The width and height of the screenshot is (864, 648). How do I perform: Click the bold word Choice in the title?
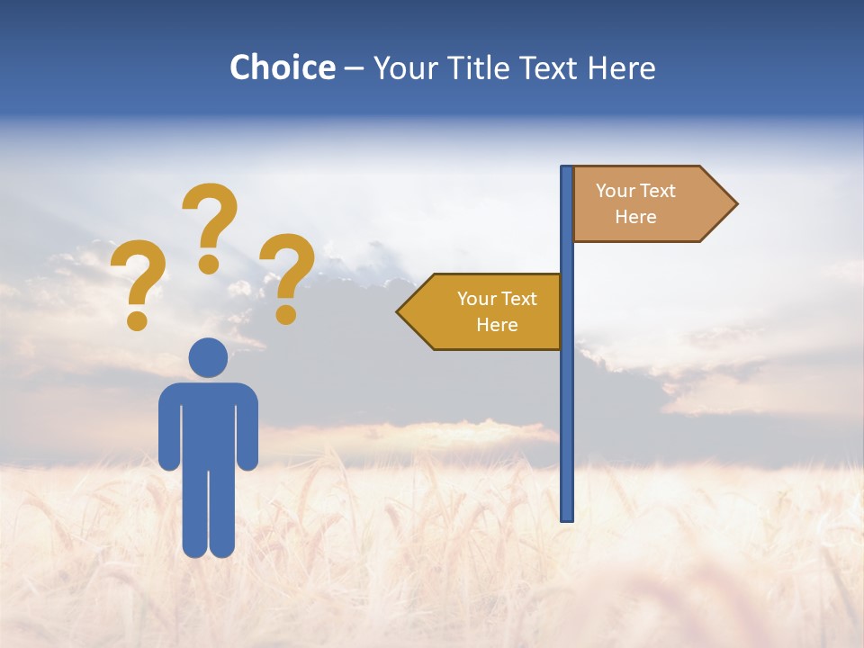[283, 68]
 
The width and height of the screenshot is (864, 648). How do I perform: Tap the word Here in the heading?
[622, 68]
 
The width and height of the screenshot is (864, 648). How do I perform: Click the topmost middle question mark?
[210, 225]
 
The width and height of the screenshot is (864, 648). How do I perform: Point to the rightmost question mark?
[287, 275]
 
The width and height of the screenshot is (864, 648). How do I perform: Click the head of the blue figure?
[208, 357]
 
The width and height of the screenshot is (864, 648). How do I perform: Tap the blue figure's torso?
[208, 423]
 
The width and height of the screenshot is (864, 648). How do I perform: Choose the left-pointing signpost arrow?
[481, 311]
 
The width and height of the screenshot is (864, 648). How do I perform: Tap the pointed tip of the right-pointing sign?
[734, 204]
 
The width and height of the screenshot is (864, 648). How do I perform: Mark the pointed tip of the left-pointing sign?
[400, 311]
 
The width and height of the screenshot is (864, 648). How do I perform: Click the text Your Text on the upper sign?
[635, 191]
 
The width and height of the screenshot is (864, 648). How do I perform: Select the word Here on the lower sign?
[497, 325]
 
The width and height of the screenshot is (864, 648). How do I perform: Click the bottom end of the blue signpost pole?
[567, 517]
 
